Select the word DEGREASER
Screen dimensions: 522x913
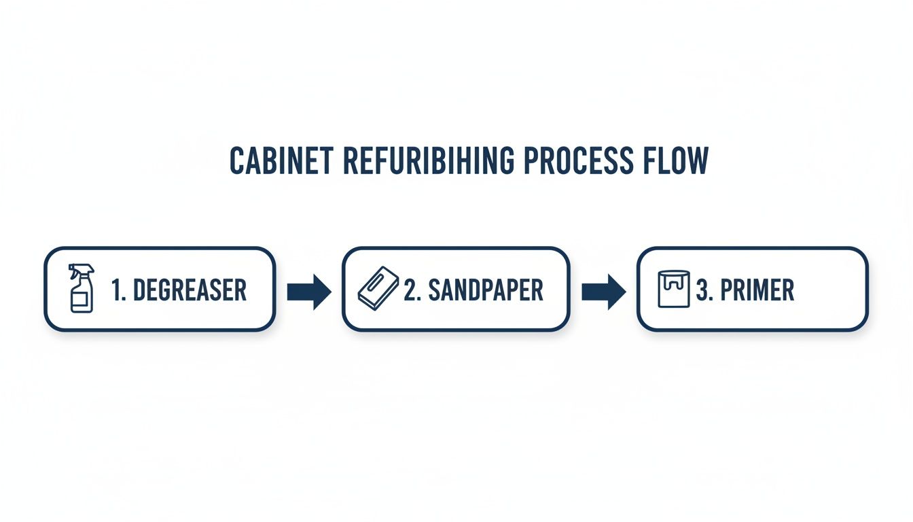click(x=190, y=290)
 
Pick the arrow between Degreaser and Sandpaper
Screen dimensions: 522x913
click(x=308, y=292)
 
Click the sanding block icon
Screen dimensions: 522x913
click(x=378, y=289)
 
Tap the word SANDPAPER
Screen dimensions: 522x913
click(x=485, y=290)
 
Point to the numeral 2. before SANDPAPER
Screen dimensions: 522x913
click(x=414, y=290)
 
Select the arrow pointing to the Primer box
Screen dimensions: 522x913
click(x=604, y=292)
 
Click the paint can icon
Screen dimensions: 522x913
click(x=674, y=289)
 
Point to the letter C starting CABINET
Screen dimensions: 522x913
click(x=236, y=161)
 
